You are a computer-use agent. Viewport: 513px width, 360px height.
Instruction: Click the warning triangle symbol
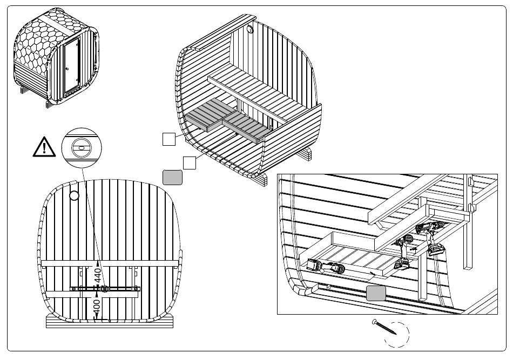point(43,147)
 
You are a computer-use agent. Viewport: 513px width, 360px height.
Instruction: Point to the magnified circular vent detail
point(82,146)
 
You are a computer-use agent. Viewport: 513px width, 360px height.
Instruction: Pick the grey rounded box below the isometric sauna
point(172,177)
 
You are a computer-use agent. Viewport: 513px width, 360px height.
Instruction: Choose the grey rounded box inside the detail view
point(376,294)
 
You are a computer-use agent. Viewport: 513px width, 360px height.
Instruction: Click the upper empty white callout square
point(168,139)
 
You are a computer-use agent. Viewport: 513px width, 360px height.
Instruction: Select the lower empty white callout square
point(188,162)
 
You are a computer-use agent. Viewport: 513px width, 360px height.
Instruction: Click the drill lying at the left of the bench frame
point(326,267)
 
